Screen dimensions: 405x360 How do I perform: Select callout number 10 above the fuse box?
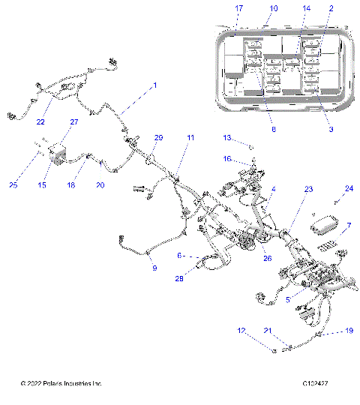click(273, 8)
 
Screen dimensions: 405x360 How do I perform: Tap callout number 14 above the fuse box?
click(306, 8)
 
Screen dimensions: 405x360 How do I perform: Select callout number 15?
click(52, 184)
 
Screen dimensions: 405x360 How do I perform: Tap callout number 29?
click(158, 138)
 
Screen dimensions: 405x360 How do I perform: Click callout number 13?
click(226, 138)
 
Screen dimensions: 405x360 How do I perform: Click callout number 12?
click(241, 330)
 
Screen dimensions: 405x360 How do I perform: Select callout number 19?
click(348, 330)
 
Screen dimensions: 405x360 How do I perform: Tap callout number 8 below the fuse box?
click(274, 130)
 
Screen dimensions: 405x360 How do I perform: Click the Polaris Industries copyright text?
click(61, 385)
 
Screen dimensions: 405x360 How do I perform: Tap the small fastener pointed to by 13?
click(251, 146)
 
